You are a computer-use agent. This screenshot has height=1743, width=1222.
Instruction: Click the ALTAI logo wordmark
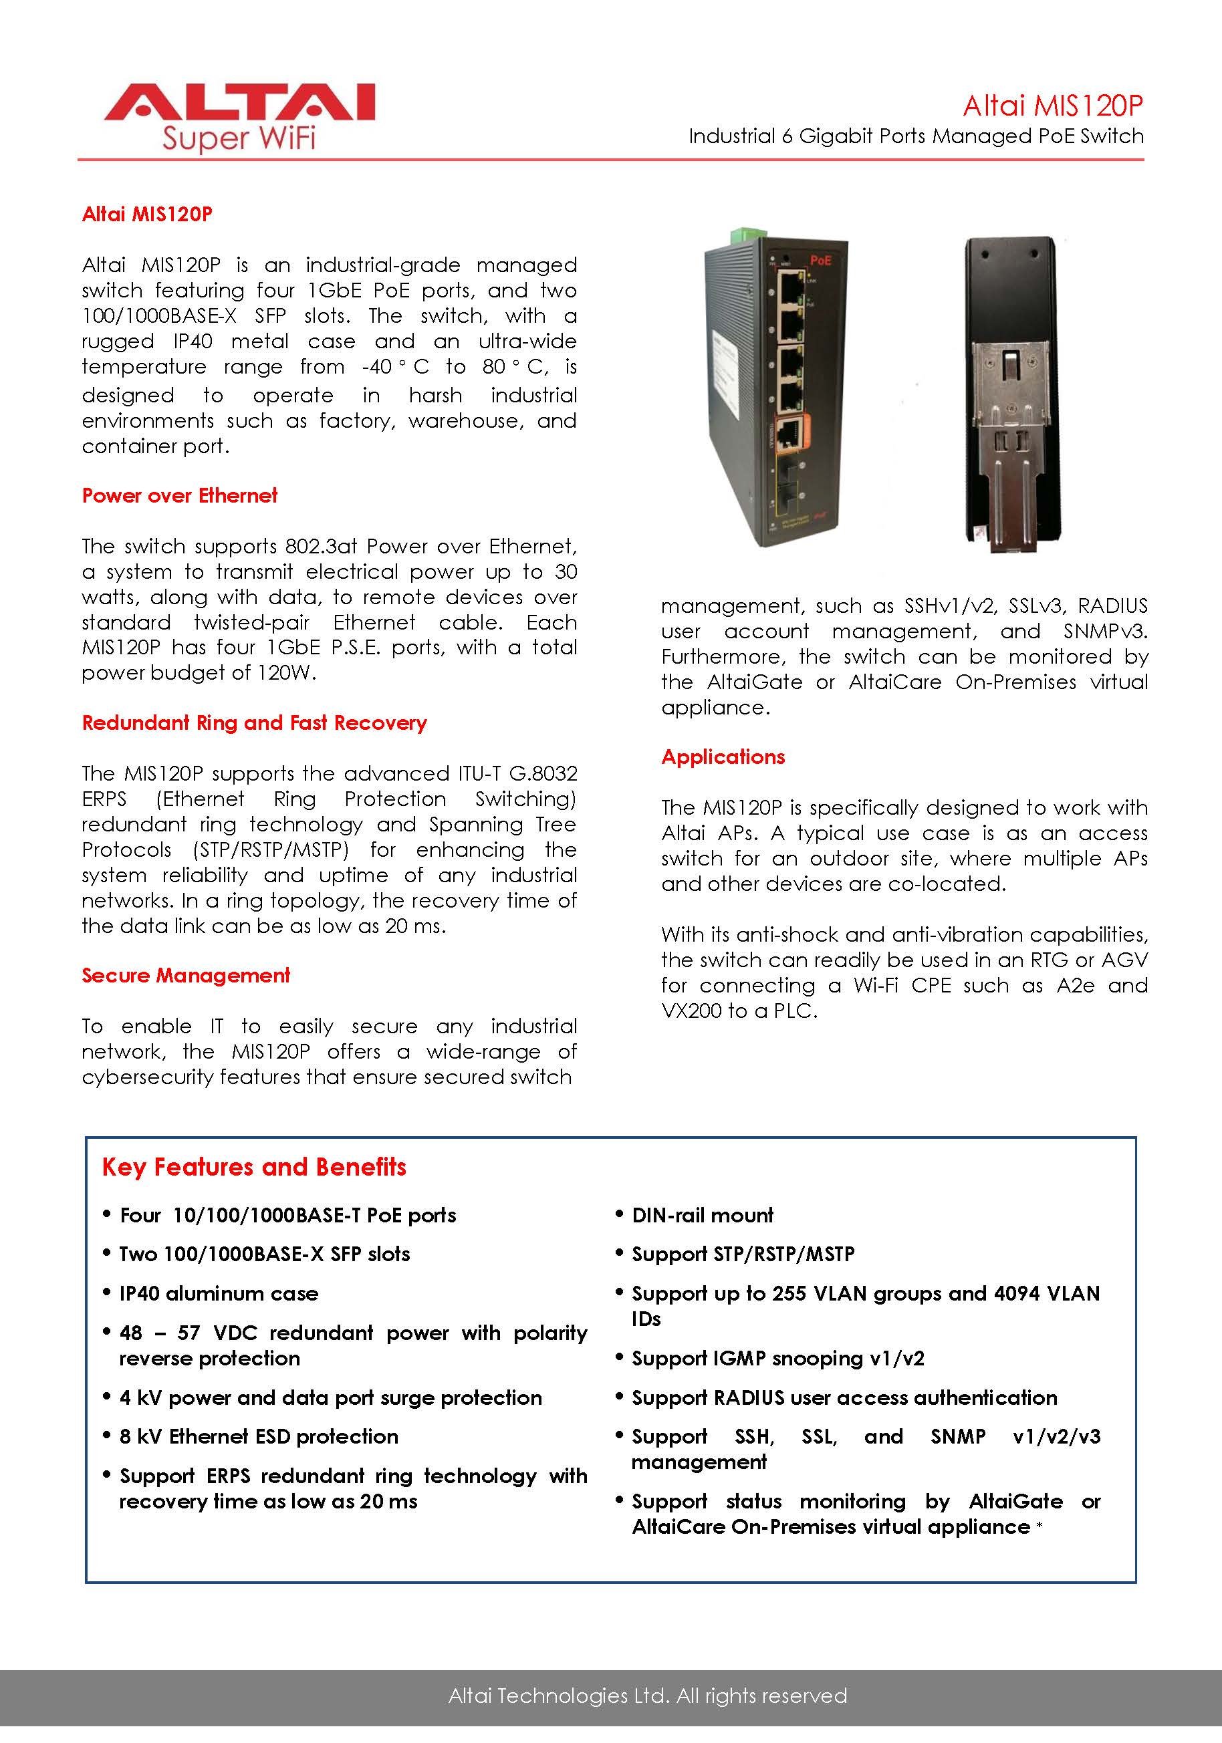click(x=239, y=103)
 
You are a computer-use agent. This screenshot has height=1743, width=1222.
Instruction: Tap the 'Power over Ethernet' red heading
click(x=180, y=496)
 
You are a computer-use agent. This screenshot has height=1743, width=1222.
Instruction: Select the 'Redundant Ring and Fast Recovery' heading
click(x=255, y=722)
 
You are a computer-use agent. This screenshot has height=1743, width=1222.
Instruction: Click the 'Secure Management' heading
click(x=186, y=976)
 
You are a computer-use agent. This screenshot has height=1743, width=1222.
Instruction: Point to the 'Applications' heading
click(x=723, y=757)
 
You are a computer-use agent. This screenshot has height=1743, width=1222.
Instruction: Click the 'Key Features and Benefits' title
click(x=255, y=1167)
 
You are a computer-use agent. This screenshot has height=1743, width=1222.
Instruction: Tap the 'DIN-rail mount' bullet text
click(x=703, y=1216)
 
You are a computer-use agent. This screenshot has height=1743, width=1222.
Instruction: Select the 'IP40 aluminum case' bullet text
click(x=219, y=1294)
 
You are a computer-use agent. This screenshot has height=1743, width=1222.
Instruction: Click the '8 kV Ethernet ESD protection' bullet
click(x=259, y=1436)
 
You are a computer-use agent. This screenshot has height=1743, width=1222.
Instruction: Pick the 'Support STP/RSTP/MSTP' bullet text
click(x=743, y=1254)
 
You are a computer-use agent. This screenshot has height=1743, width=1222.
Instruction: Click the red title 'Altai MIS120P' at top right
click(x=1053, y=106)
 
